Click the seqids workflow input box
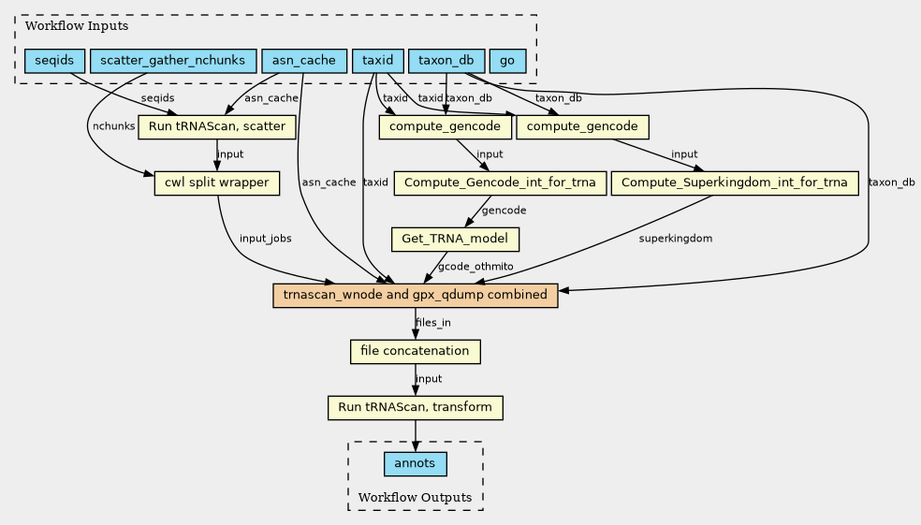(54, 61)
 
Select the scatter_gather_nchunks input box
(172, 61)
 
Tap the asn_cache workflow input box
(303, 61)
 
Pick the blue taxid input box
(378, 61)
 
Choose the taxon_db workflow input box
(446, 61)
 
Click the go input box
(507, 61)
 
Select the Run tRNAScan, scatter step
(217, 127)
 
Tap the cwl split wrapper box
(217, 183)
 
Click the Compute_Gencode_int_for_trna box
(500, 183)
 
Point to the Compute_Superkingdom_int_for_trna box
(734, 183)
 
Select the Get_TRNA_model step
(455, 239)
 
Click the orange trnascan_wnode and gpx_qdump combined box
(416, 296)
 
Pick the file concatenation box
(416, 352)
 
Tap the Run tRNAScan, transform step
(416, 407)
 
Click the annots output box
(416, 464)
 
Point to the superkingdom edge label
(676, 239)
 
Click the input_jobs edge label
(266, 239)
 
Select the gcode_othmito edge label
(475, 267)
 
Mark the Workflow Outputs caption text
(415, 498)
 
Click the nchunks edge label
(114, 126)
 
